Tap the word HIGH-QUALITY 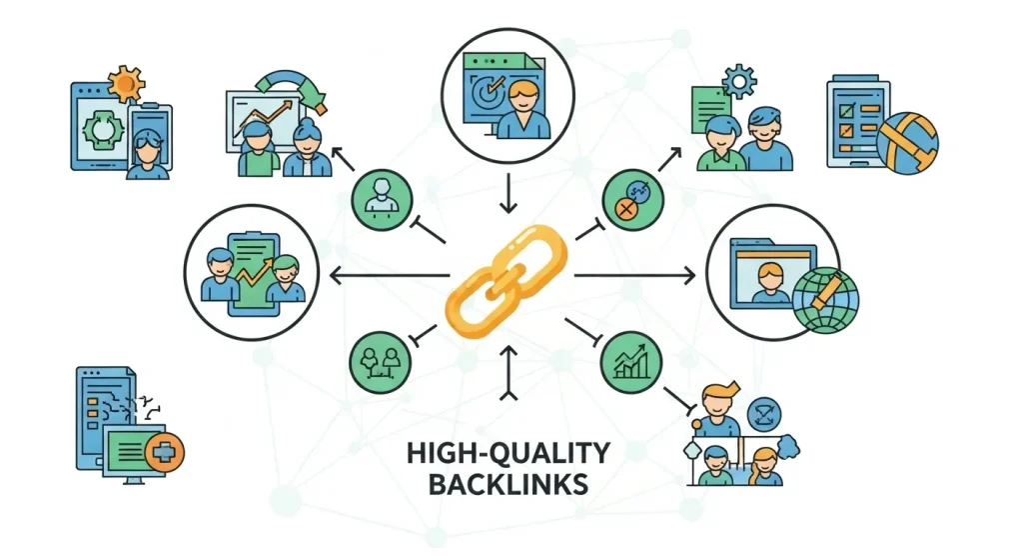509,453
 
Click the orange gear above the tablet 125,84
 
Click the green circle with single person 380,195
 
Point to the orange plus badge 161,452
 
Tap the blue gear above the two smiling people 740,79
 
